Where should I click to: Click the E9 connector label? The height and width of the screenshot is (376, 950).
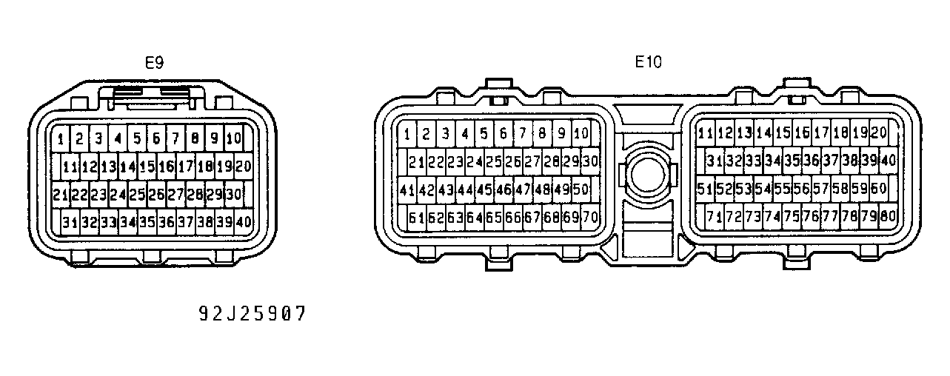(x=153, y=63)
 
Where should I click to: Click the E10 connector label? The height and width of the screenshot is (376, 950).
(x=648, y=62)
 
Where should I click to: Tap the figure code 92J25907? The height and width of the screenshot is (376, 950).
(x=251, y=314)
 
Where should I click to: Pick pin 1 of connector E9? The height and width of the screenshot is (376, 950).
(x=60, y=138)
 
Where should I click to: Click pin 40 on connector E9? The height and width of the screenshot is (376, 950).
(x=243, y=221)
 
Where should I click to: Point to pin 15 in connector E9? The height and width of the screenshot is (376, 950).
(x=147, y=167)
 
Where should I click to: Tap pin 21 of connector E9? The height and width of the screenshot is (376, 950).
(x=61, y=195)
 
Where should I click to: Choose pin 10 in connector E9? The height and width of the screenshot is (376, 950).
(x=233, y=138)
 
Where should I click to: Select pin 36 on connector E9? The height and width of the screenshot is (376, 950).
(x=166, y=221)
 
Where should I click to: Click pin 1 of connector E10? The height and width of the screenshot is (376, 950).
(x=407, y=134)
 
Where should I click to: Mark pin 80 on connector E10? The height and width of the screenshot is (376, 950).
(x=888, y=217)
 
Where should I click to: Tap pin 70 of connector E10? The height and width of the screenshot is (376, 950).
(x=590, y=218)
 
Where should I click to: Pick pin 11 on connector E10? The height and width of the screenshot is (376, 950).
(x=706, y=133)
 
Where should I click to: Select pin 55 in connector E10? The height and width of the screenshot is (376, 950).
(x=782, y=189)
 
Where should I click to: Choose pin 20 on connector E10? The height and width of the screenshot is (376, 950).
(x=879, y=133)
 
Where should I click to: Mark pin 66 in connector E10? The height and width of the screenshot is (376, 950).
(x=513, y=218)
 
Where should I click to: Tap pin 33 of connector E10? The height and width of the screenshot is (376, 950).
(x=753, y=161)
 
